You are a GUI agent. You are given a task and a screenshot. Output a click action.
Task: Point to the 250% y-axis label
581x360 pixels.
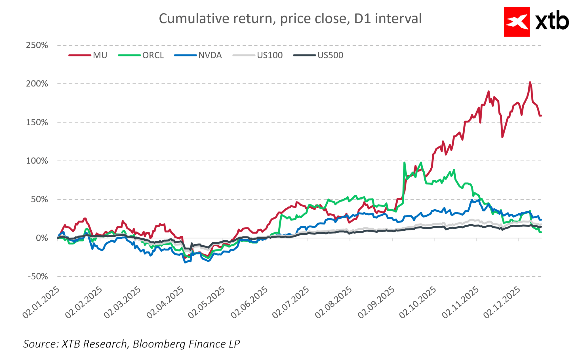pos(37,45)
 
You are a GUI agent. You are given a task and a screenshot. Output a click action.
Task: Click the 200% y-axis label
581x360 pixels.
pos(37,84)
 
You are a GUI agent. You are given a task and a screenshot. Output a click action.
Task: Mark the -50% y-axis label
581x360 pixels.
pos(38,277)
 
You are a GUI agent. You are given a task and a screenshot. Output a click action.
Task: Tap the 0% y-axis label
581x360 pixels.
pos(42,238)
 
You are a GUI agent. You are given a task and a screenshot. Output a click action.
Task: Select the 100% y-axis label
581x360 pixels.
pos(37,161)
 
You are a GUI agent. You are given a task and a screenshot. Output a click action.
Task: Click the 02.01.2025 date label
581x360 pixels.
pos(41,302)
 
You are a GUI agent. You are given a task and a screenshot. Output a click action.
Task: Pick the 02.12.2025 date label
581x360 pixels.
pos(502,302)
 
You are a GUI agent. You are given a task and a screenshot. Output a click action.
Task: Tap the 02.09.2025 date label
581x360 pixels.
pos(376,302)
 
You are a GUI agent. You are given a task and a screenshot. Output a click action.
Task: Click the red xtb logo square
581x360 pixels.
pos(517,22)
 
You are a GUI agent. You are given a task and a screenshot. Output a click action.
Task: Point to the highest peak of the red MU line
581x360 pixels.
pos(530,82)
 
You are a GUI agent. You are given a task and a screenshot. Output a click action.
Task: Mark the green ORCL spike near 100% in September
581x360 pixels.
pos(404,163)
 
